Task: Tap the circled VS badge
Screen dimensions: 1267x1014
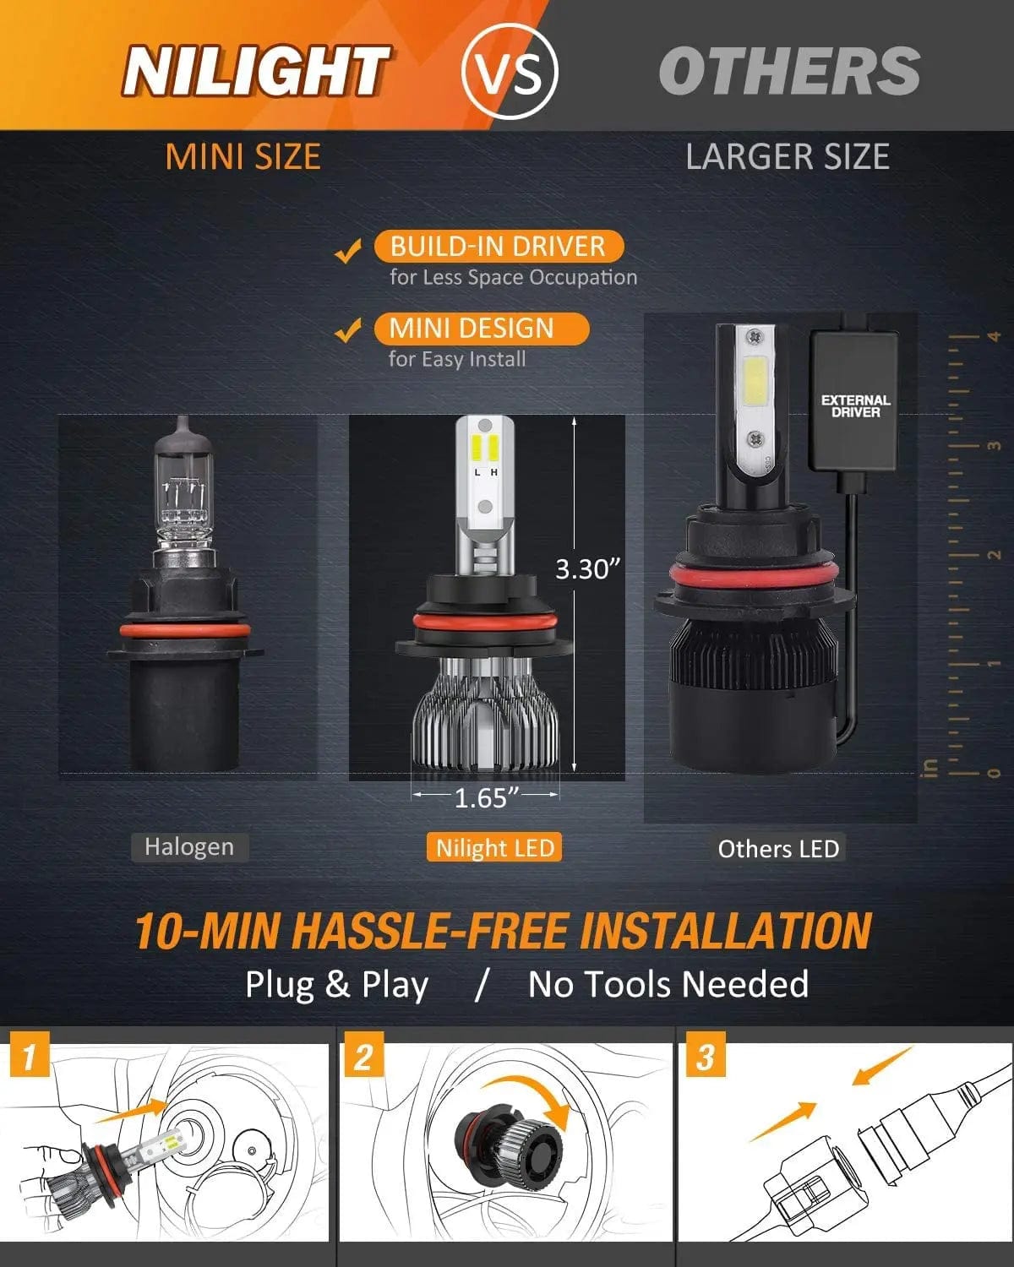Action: click(510, 71)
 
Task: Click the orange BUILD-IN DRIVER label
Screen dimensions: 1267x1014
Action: click(499, 247)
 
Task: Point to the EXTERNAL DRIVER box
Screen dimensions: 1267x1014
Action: click(854, 401)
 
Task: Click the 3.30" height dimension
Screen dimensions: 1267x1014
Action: click(588, 569)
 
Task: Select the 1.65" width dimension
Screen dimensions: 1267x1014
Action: click(486, 797)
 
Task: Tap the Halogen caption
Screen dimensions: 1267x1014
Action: click(189, 847)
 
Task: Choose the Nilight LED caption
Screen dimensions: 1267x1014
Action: click(495, 848)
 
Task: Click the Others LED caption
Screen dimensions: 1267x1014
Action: click(778, 849)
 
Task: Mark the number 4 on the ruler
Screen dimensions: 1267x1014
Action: click(994, 336)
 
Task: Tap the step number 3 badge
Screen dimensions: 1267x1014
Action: click(704, 1057)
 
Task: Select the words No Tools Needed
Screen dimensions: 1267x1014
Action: click(668, 985)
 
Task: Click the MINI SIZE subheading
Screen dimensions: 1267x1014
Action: click(243, 157)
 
